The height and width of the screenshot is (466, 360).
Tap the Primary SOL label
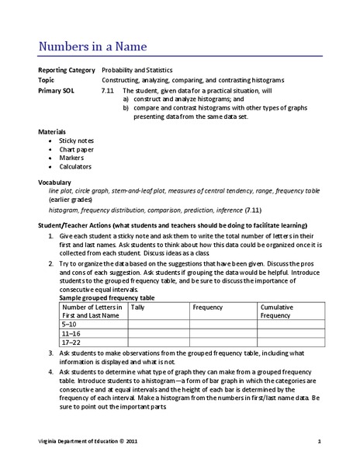pos(57,91)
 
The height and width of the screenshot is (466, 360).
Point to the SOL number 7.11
pos(108,91)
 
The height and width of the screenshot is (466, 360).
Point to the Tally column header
pos(139,308)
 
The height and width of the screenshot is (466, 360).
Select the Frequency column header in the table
pos(209,308)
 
